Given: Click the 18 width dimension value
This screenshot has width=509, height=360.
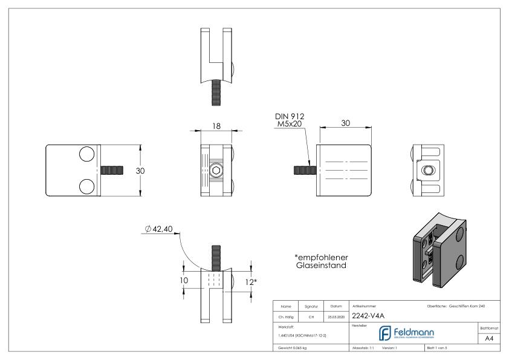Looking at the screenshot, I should (x=216, y=126).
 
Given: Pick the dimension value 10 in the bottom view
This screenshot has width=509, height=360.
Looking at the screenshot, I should (x=184, y=281).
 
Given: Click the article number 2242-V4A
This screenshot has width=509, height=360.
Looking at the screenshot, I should (x=369, y=315).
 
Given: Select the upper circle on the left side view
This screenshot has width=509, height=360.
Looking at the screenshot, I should (x=86, y=154).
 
